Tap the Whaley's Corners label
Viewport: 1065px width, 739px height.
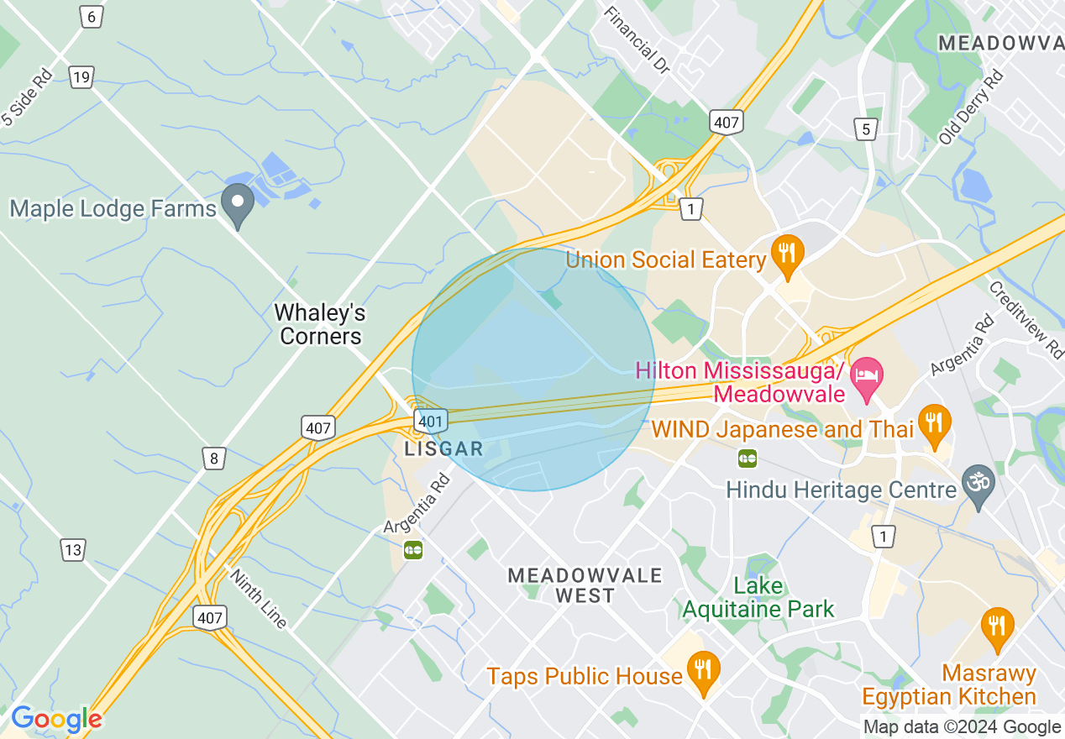(x=320, y=325)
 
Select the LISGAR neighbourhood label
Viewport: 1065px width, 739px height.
(x=444, y=448)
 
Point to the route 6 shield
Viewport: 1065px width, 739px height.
(x=92, y=16)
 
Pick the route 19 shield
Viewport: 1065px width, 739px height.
(x=81, y=77)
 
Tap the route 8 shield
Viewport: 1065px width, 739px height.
(x=214, y=458)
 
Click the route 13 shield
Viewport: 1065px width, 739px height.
(x=73, y=550)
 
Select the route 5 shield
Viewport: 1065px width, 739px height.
(x=867, y=128)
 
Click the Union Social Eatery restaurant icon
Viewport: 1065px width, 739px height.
(x=787, y=254)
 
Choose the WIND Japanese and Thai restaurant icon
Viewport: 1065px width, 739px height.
(x=933, y=423)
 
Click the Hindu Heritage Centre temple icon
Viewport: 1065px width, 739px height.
(x=978, y=485)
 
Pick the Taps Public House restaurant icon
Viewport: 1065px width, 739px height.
(x=703, y=670)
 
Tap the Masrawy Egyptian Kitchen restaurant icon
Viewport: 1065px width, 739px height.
(x=997, y=626)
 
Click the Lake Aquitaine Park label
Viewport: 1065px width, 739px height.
(x=758, y=597)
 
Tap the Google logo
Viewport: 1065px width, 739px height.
(x=56, y=719)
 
